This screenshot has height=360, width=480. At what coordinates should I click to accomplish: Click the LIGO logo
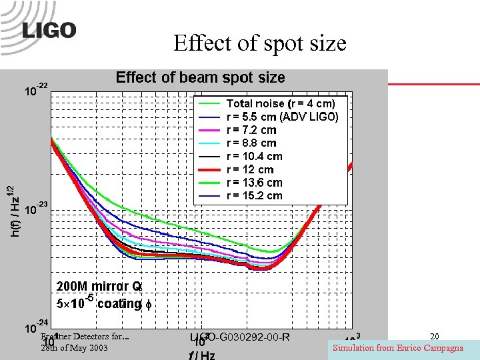[x=49, y=31]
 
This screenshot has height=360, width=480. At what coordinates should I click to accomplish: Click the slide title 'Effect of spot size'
[x=259, y=43]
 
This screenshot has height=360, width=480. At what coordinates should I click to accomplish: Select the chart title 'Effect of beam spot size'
[x=200, y=77]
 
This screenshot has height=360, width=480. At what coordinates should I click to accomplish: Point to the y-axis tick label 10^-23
[x=35, y=209]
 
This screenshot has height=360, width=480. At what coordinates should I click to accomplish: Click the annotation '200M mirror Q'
[x=99, y=286]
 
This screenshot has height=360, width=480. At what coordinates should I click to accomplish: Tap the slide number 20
[x=434, y=337]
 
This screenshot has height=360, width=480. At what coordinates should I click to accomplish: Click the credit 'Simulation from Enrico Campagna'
[x=398, y=348]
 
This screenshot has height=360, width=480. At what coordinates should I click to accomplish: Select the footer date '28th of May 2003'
[x=73, y=348]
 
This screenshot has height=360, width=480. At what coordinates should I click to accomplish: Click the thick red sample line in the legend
[x=207, y=169]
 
